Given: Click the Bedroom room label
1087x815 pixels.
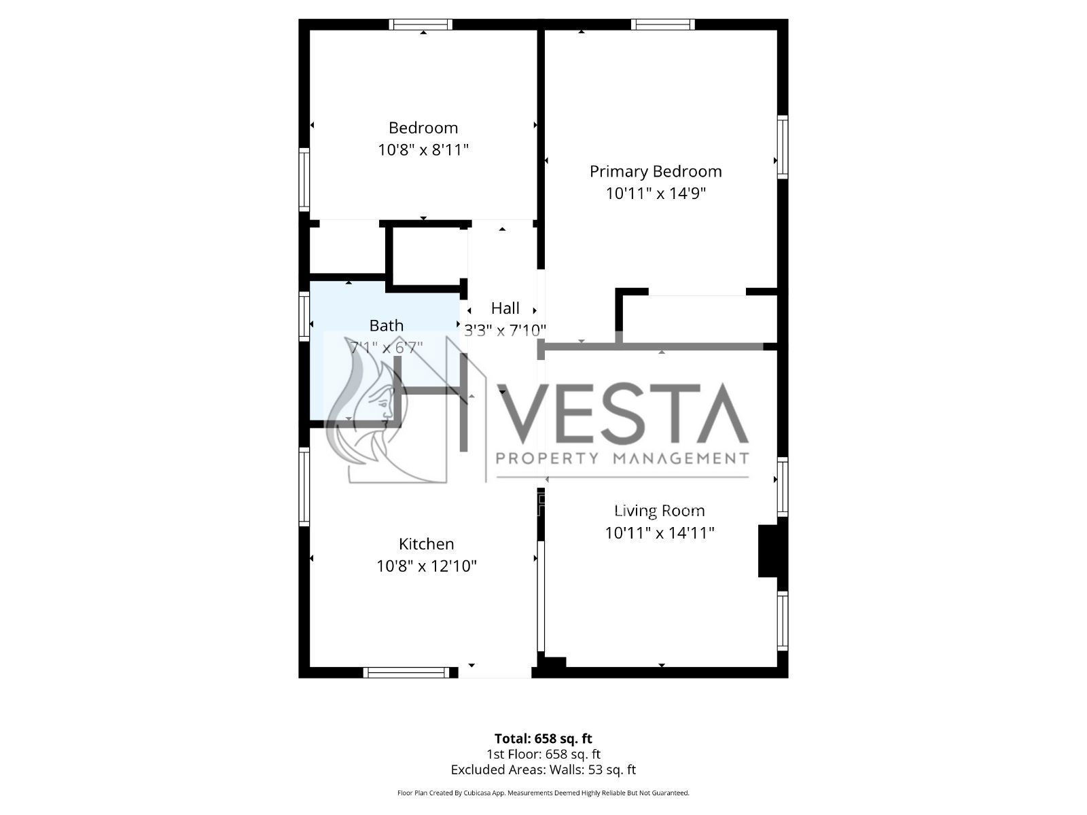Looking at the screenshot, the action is [423, 128].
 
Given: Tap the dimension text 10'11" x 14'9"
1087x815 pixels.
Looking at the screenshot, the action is [656, 193].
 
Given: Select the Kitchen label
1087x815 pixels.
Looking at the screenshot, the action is [427, 544].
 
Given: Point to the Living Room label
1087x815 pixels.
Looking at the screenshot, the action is [659, 510].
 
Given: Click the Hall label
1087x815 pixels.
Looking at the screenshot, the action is [505, 308].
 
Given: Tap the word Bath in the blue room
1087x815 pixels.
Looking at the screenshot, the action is [387, 325].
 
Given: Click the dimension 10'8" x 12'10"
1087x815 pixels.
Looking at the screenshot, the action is [427, 566].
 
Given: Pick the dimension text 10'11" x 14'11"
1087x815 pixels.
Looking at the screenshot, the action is [660, 532].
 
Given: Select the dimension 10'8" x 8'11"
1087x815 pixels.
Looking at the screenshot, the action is [423, 149].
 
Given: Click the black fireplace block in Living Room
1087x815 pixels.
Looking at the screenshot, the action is [768, 551].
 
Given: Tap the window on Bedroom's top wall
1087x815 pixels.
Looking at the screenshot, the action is [421, 24].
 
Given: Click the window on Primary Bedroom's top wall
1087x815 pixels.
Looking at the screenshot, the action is [662, 24].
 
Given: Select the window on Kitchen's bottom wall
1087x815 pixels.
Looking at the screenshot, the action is [406, 672].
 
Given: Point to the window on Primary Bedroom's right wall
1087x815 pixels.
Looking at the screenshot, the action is [783, 147].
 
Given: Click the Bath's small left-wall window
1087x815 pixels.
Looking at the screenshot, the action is [304, 316].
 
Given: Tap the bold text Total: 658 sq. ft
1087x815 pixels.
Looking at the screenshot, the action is [543, 739].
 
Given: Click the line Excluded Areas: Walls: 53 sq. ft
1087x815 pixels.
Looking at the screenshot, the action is [543, 769].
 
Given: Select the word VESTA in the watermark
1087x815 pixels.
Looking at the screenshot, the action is [623, 414].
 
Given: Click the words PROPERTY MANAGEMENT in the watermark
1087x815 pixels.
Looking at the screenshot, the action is [622, 458].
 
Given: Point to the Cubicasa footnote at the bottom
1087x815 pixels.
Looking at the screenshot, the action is [543, 793].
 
